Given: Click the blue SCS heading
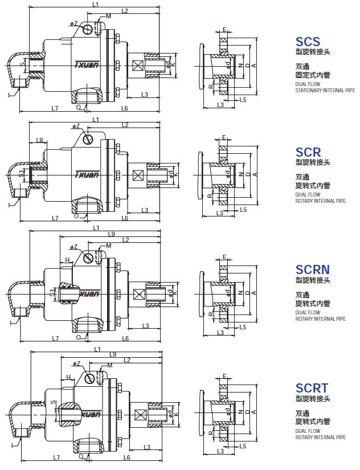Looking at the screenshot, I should click(308, 42).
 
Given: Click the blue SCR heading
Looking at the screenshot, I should click(308, 152).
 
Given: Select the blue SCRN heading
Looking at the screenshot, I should click(312, 269).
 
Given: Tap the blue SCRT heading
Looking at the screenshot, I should click(312, 389).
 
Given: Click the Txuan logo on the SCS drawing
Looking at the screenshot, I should click(87, 64).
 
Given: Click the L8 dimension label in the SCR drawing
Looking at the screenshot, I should click(39, 140).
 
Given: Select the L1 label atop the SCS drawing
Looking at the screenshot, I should click(95, 5).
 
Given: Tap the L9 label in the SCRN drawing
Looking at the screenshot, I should click(111, 234).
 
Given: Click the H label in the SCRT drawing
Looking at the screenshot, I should click(68, 377).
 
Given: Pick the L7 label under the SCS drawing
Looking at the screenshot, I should click(54, 108).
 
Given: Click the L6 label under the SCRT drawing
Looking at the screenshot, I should click(126, 457).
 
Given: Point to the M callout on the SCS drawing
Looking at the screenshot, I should click(108, 17).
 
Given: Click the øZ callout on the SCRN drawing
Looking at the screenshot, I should click(75, 247).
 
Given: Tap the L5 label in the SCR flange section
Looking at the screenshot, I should click(243, 210).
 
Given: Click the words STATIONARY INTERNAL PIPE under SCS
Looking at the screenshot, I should click(325, 90).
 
